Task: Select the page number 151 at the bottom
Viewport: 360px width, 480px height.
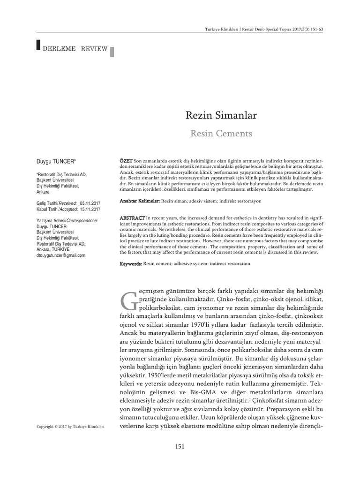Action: [180, 446]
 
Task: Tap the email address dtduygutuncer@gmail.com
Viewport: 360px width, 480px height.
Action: [61, 255]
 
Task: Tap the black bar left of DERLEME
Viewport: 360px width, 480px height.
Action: [38, 45]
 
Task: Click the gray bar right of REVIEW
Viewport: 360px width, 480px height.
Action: [112, 51]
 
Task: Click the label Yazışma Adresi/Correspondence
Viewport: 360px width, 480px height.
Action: [67, 220]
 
